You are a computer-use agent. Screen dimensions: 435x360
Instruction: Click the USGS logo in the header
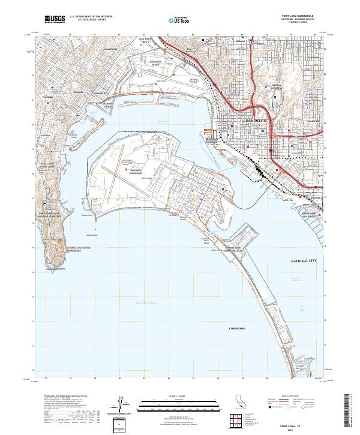(53, 19)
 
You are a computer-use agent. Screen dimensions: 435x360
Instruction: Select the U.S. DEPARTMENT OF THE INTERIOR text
(91, 16)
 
